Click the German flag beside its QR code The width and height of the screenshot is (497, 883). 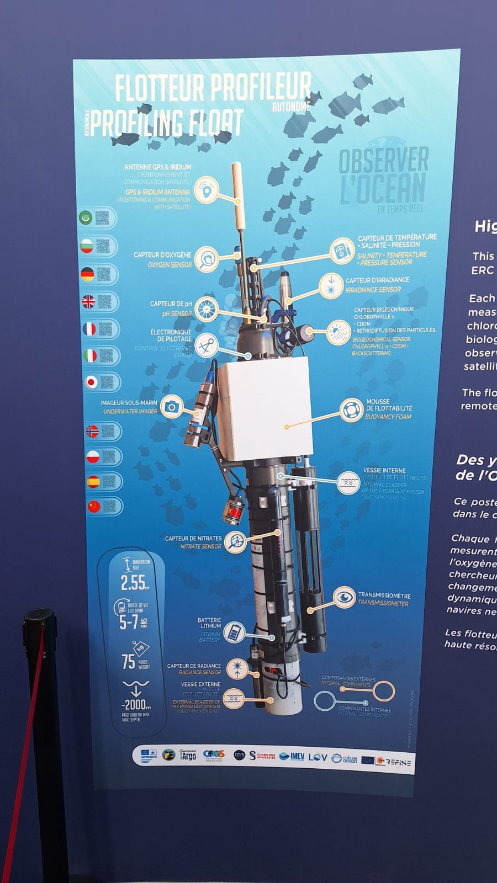[88, 274]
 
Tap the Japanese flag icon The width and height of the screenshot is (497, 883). [91, 382]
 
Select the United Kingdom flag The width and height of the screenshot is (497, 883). [88, 301]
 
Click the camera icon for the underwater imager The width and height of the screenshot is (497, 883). [172, 407]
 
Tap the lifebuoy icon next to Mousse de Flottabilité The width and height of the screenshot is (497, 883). [351, 410]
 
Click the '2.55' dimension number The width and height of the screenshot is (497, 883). [134, 582]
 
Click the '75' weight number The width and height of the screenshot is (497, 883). [129, 662]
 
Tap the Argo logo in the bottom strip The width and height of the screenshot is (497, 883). [188, 755]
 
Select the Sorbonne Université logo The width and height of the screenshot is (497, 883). [263, 755]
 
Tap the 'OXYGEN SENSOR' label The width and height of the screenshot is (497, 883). [170, 265]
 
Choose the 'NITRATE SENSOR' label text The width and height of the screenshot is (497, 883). [200, 546]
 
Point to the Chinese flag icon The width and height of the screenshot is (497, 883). [94, 506]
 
